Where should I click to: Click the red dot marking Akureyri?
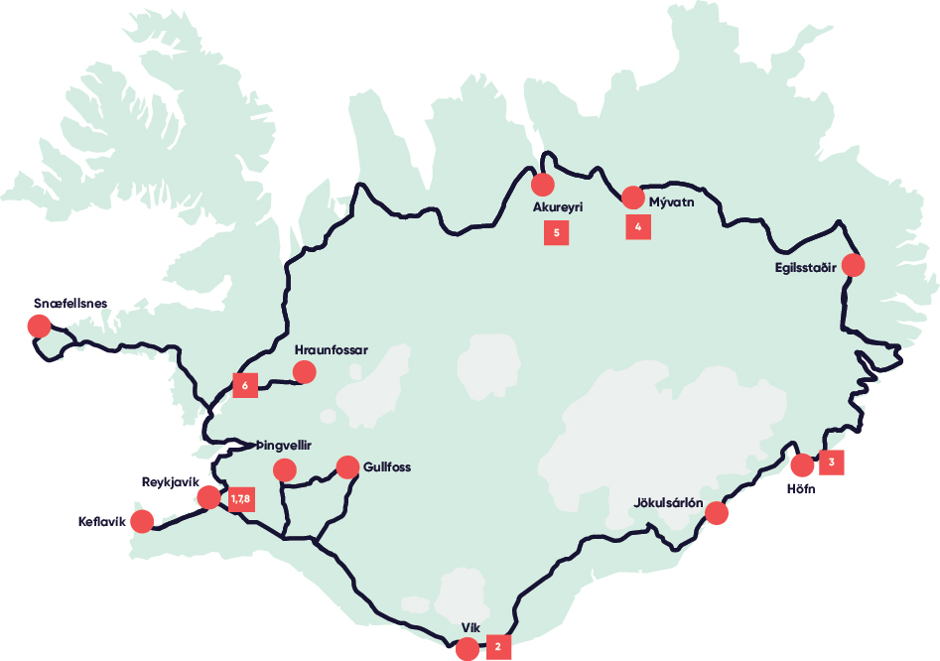pyautogui.click(x=542, y=184)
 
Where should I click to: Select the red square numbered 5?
pyautogui.click(x=556, y=233)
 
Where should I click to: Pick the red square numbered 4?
pyautogui.click(x=638, y=227)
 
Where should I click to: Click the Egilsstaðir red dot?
pyautogui.click(x=852, y=265)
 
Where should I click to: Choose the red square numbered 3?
pyautogui.click(x=832, y=463)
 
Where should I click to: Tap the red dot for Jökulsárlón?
pyautogui.click(x=717, y=513)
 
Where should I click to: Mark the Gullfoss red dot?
pyautogui.click(x=347, y=466)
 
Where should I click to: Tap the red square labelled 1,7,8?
pyautogui.click(x=239, y=498)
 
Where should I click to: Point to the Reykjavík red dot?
pyautogui.click(x=208, y=497)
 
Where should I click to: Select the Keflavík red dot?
pyautogui.click(x=142, y=521)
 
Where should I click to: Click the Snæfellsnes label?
pyautogui.click(x=69, y=303)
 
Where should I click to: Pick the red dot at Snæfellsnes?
pyautogui.click(x=39, y=326)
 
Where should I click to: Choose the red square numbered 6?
pyautogui.click(x=244, y=385)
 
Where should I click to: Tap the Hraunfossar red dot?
pyautogui.click(x=304, y=372)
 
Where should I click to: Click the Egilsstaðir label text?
pyautogui.click(x=807, y=267)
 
